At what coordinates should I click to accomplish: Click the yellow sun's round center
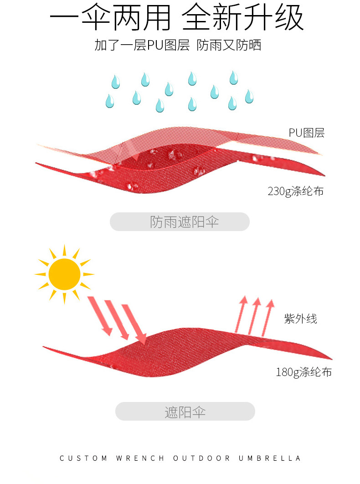point(64,274)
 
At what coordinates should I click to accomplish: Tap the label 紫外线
point(300,319)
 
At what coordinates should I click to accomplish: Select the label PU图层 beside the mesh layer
point(306,133)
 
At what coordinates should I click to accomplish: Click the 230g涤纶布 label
point(295,191)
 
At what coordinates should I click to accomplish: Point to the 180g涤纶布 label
point(303,372)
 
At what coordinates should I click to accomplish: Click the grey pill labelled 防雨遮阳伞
point(180,221)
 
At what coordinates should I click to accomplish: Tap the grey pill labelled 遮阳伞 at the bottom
point(185,412)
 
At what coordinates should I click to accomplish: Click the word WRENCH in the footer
point(140,458)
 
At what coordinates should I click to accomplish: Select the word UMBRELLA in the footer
point(270,458)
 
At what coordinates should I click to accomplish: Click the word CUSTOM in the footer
point(83,458)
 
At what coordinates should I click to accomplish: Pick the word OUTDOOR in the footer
point(201,458)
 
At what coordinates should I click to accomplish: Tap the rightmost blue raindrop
point(249,96)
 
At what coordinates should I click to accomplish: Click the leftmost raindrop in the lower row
point(109,101)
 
